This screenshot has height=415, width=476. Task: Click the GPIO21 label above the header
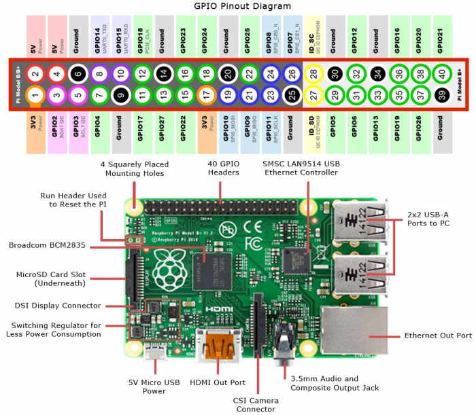(440, 37)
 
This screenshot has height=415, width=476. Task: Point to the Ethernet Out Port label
(437, 336)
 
